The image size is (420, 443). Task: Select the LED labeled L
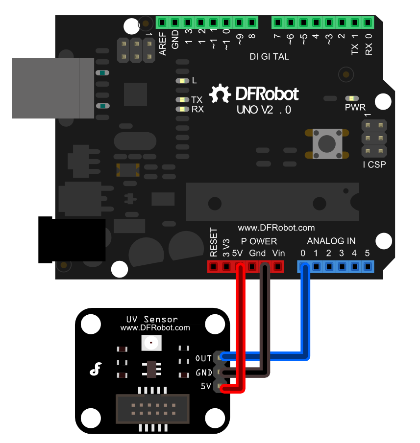tap(182, 81)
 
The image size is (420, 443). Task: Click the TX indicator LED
tap(182, 100)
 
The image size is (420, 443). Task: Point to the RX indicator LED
tap(182, 109)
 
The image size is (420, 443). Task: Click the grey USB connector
tap(53, 88)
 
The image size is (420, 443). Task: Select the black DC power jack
tap(72, 240)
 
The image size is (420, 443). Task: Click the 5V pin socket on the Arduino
tap(239, 267)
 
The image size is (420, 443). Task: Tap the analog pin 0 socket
tap(304, 267)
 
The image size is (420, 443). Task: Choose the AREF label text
tap(163, 43)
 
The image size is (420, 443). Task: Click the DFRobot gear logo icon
tap(220, 93)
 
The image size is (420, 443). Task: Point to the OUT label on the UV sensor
tap(203, 359)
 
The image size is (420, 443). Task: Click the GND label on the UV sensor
tap(203, 373)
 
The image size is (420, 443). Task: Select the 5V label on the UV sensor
tap(206, 386)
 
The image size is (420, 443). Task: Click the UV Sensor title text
tap(152, 319)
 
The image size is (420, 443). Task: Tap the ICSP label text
tap(374, 165)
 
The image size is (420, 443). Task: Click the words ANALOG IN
tap(331, 241)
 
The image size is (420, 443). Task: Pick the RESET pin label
tap(214, 243)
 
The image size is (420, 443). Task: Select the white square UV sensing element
tap(151, 343)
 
